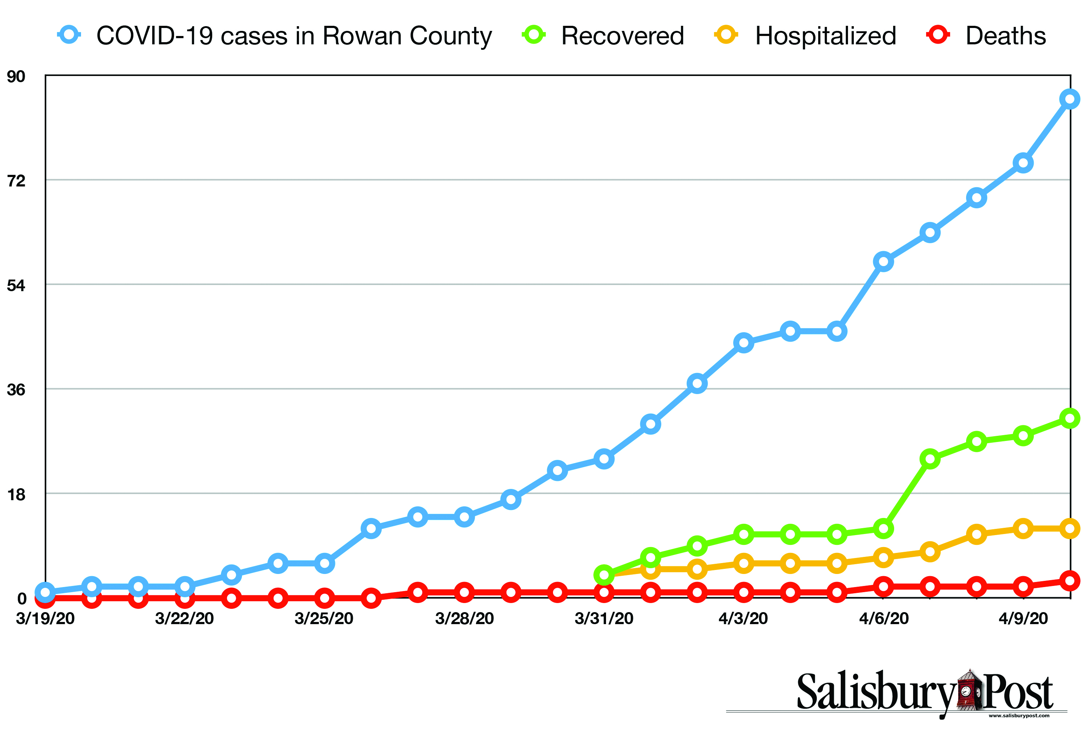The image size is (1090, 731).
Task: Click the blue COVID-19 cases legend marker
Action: click(x=69, y=35)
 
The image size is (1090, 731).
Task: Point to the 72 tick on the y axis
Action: click(x=16, y=180)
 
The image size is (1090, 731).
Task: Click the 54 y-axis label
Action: click(x=16, y=285)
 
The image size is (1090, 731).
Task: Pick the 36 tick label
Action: click(x=16, y=389)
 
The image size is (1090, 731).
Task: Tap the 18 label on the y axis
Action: click(x=16, y=494)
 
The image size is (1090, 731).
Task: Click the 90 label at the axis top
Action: click(x=16, y=76)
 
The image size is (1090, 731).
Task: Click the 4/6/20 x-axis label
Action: click(x=884, y=619)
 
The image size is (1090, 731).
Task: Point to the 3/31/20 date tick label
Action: click(x=604, y=619)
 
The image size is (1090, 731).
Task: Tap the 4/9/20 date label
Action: click(x=1023, y=619)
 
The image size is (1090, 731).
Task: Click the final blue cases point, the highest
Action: click(x=1070, y=99)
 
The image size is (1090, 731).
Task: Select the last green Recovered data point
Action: click(x=1070, y=418)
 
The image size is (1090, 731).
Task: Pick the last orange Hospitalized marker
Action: click(x=1070, y=529)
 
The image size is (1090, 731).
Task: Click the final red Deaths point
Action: click(x=1070, y=581)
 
